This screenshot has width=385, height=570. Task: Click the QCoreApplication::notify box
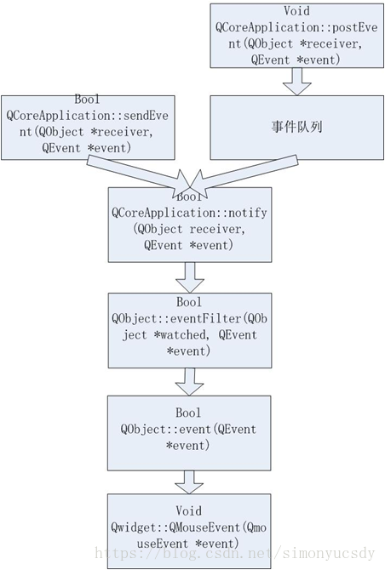point(188,225)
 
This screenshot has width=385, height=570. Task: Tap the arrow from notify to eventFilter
point(188,276)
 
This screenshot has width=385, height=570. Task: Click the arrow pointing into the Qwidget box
point(188,478)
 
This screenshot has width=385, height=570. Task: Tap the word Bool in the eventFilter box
point(188,303)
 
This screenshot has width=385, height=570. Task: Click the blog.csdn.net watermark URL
point(234,554)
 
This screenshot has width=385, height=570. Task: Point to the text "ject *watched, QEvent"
point(188,334)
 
